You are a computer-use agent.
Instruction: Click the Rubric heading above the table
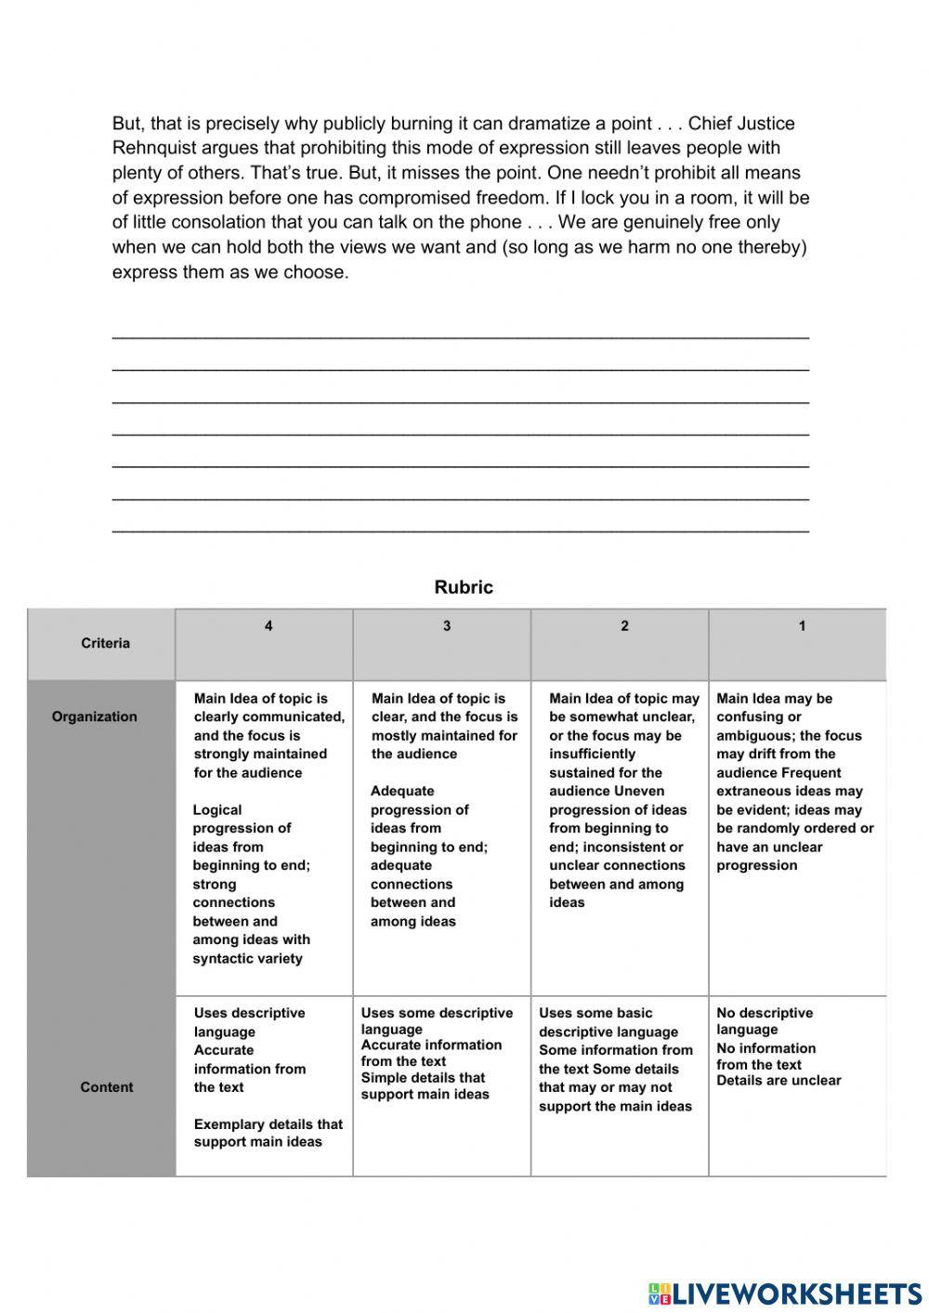tap(464, 587)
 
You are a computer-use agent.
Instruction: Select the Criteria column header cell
tap(105, 643)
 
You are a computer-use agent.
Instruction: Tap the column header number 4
tap(268, 626)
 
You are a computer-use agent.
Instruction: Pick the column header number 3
tap(447, 626)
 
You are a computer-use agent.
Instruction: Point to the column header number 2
tap(624, 626)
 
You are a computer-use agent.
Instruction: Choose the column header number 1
tap(802, 626)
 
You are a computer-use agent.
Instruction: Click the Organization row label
tap(94, 716)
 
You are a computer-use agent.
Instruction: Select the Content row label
tap(106, 1087)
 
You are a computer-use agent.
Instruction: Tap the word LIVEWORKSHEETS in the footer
tap(797, 1293)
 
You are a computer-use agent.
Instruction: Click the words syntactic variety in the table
tap(247, 958)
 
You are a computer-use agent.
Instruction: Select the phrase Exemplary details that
tap(268, 1124)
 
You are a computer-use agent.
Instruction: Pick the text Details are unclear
tap(779, 1080)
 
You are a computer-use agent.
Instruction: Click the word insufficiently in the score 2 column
tap(592, 754)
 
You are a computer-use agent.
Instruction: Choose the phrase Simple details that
tap(423, 1078)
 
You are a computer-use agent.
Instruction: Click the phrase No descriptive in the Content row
tap(764, 1013)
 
